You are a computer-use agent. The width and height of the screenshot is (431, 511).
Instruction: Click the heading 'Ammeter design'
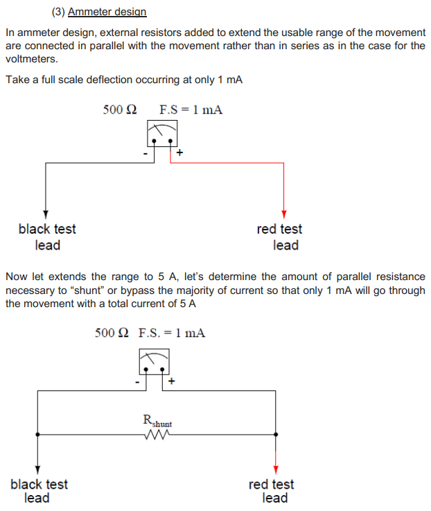coord(107,12)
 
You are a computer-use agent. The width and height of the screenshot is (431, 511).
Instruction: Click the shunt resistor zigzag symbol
coord(157,435)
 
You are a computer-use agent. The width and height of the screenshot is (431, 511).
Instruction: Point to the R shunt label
coord(157,420)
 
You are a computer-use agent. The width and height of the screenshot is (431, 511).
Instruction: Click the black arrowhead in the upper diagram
coord(46,212)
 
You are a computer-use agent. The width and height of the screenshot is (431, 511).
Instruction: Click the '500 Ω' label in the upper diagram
coord(120,110)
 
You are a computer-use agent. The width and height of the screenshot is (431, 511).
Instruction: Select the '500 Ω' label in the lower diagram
coord(112,333)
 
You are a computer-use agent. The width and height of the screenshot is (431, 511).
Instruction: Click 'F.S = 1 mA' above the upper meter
coord(191,110)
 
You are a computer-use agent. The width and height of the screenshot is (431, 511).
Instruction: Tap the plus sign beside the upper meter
coord(180,153)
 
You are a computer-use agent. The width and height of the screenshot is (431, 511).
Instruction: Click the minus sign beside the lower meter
coord(138,381)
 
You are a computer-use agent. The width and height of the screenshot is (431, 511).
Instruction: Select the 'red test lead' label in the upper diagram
coord(279,236)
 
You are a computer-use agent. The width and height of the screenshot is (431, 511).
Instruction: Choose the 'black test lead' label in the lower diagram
coord(39,490)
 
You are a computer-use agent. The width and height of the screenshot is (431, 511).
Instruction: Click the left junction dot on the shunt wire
coord(37,435)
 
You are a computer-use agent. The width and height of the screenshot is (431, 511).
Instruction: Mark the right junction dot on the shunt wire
coord(276,435)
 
